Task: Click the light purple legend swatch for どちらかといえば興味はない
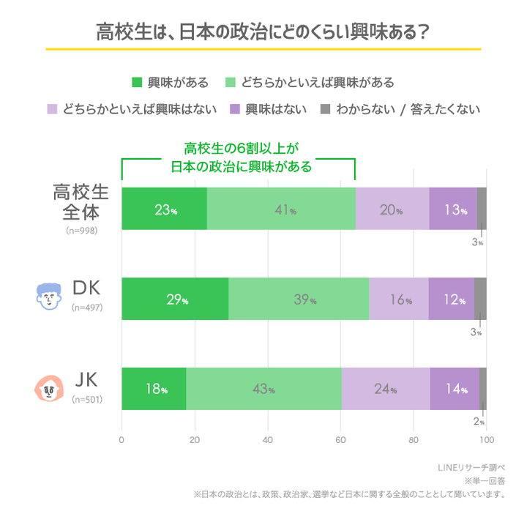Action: click(52, 109)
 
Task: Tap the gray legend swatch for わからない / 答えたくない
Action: click(326, 109)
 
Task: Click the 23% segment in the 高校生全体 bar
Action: click(164, 209)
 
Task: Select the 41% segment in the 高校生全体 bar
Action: click(281, 209)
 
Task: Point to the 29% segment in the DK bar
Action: click(175, 299)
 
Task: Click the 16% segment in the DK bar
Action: click(398, 299)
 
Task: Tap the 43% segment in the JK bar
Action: click(263, 389)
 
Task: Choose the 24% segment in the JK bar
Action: click(385, 389)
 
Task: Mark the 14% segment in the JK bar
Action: click(455, 389)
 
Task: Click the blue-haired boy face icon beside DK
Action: click(49, 297)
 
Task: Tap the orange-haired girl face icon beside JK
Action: click(49, 388)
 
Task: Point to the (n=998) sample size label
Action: click(81, 230)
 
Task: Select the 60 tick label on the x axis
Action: click(340, 440)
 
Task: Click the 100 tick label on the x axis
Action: click(486, 440)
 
